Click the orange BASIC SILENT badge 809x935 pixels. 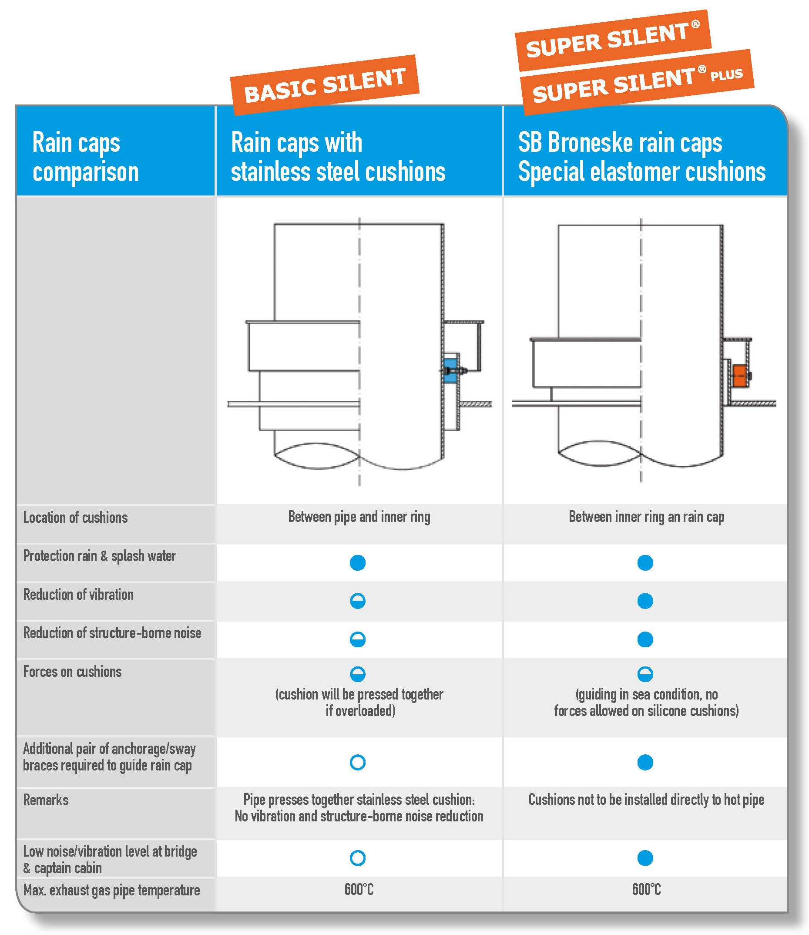click(x=325, y=84)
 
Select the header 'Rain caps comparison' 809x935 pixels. click(x=85, y=157)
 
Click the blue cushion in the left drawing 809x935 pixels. click(x=450, y=370)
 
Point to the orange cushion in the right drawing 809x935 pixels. click(x=739, y=376)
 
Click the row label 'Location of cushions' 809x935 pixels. click(x=75, y=518)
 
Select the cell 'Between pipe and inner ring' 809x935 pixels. click(x=359, y=517)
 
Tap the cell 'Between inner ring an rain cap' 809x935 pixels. click(x=646, y=517)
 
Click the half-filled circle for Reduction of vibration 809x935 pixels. click(x=358, y=601)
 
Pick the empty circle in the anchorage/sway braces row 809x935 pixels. click(x=358, y=763)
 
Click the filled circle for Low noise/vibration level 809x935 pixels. click(x=645, y=858)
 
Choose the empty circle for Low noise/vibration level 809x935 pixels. click(x=358, y=858)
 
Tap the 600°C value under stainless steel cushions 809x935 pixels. click(x=359, y=889)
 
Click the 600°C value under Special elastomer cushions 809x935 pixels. click(x=646, y=889)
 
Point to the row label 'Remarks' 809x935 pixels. click(x=46, y=800)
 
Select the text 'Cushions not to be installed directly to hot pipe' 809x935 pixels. click(x=646, y=800)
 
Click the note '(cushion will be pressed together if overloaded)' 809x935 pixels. click(x=359, y=703)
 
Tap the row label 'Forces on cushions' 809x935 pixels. click(x=72, y=672)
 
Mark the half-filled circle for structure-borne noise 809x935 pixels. click(x=358, y=639)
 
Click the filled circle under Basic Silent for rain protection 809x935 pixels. click(x=358, y=562)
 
